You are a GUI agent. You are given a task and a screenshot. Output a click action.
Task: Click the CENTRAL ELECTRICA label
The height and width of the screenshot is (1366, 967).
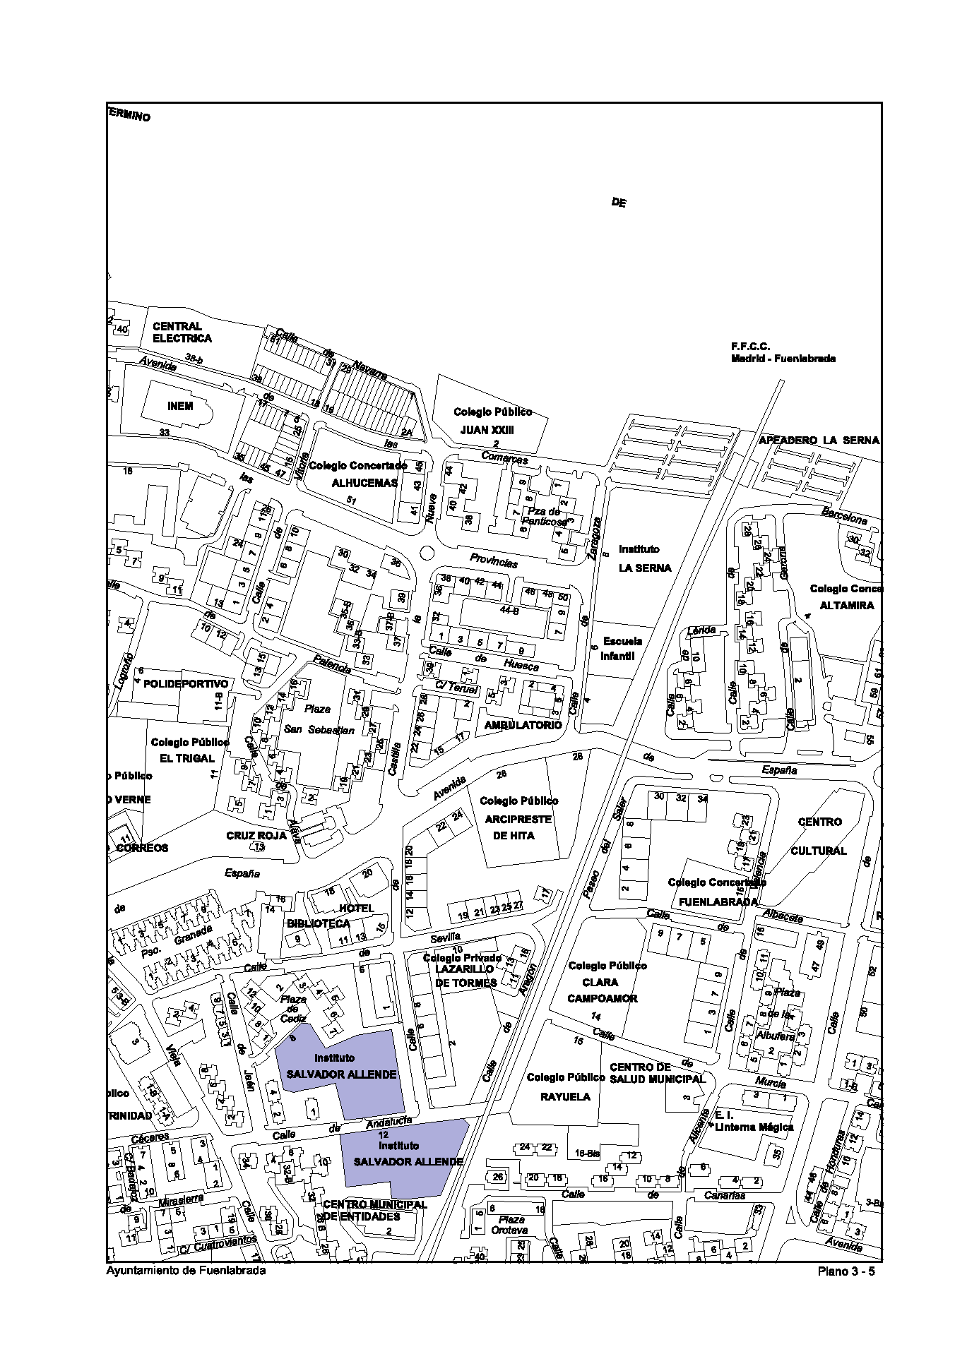tap(182, 332)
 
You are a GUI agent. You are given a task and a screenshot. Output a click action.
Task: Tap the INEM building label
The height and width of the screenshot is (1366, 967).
tap(180, 407)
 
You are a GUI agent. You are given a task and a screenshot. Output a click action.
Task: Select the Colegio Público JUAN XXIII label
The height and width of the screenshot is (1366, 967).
tap(492, 421)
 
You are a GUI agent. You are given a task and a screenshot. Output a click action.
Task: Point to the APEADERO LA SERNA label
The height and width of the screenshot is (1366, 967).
tap(819, 440)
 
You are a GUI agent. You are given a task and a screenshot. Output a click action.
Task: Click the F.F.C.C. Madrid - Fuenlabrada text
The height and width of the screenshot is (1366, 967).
tap(783, 352)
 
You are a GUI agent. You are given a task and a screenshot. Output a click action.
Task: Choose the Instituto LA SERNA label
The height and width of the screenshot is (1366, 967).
tap(644, 558)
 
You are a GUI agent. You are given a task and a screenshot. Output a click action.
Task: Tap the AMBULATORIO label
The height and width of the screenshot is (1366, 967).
tap(523, 725)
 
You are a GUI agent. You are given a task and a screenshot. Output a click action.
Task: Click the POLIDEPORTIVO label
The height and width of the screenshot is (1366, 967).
tap(186, 683)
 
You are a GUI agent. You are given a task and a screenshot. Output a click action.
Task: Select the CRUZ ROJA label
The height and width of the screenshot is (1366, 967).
tap(256, 835)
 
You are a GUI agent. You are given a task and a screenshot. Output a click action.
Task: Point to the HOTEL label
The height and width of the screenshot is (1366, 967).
tap(357, 908)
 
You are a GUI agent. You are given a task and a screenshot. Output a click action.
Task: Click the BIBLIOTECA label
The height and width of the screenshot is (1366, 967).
tap(318, 923)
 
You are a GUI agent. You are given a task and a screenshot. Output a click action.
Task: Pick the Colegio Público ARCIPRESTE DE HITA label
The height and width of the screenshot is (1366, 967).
tap(518, 818)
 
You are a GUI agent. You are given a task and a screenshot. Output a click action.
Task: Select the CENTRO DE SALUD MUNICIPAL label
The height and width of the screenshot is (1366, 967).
tap(657, 1073)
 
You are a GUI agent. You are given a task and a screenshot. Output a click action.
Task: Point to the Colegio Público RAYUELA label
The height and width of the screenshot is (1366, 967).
tap(565, 1087)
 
